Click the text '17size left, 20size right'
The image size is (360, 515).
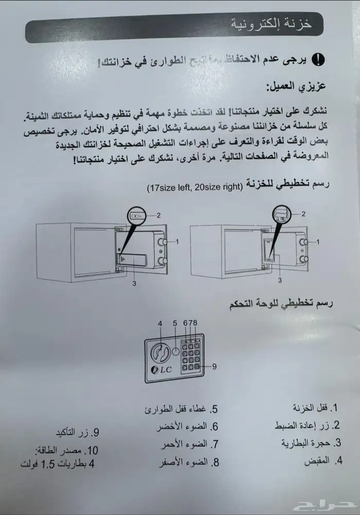coord(192,187)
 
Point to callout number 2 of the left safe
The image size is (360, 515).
coord(159,215)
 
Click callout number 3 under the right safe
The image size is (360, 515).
coord(280,280)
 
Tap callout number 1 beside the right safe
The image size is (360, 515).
coord(317,241)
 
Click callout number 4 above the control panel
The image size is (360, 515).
coord(160,323)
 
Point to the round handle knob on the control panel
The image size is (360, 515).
coord(159,353)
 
